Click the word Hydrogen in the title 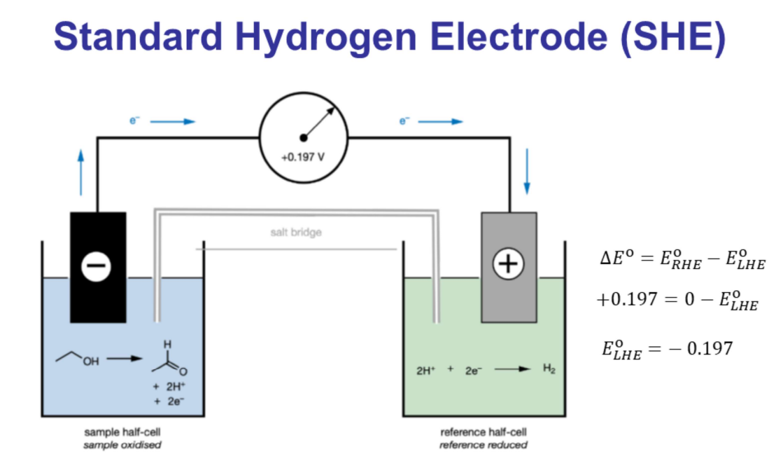tap(303, 36)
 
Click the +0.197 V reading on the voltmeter tap(303, 156)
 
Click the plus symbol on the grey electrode tap(509, 264)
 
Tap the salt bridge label tap(296, 232)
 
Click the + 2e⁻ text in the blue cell tap(169, 401)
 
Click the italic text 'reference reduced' tap(483, 444)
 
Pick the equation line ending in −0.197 tap(667, 348)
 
